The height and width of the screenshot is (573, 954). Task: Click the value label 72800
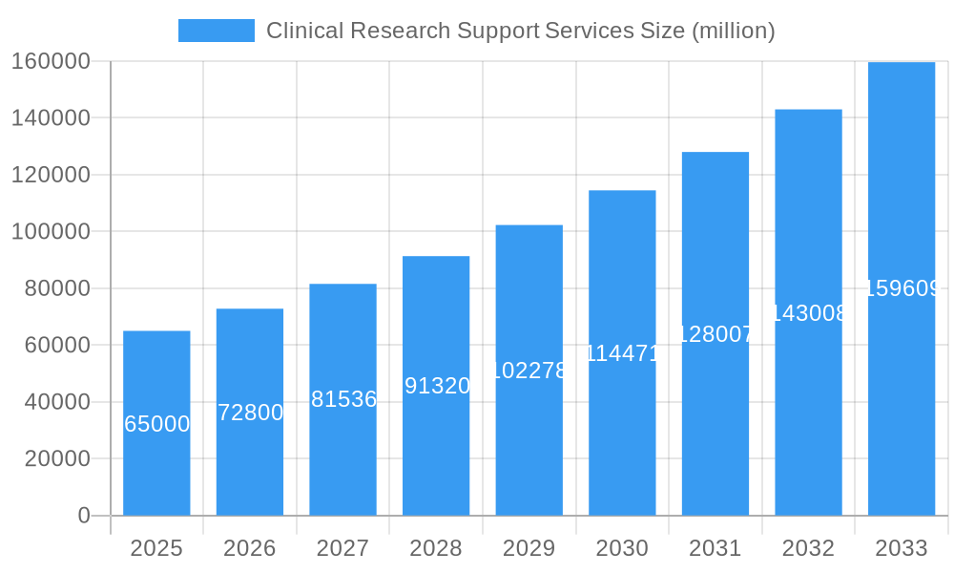coord(250,413)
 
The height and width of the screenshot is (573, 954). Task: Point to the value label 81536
coord(343,399)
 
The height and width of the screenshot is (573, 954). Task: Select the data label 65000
coord(156,424)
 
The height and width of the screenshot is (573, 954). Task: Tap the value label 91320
coord(436,386)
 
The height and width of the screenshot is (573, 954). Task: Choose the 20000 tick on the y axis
coord(56,458)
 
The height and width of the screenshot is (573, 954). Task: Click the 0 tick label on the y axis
coord(84,516)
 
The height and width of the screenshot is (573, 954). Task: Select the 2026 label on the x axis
coord(250,548)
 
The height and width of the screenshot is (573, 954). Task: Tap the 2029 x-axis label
coord(529,548)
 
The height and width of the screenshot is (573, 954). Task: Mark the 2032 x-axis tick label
coord(808,548)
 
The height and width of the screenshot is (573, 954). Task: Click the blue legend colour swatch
coord(217,31)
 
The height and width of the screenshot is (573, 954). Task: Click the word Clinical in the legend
coord(302,31)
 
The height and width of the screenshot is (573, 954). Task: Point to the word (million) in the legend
coord(733,31)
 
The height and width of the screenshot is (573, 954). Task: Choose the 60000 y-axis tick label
coord(56,345)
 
